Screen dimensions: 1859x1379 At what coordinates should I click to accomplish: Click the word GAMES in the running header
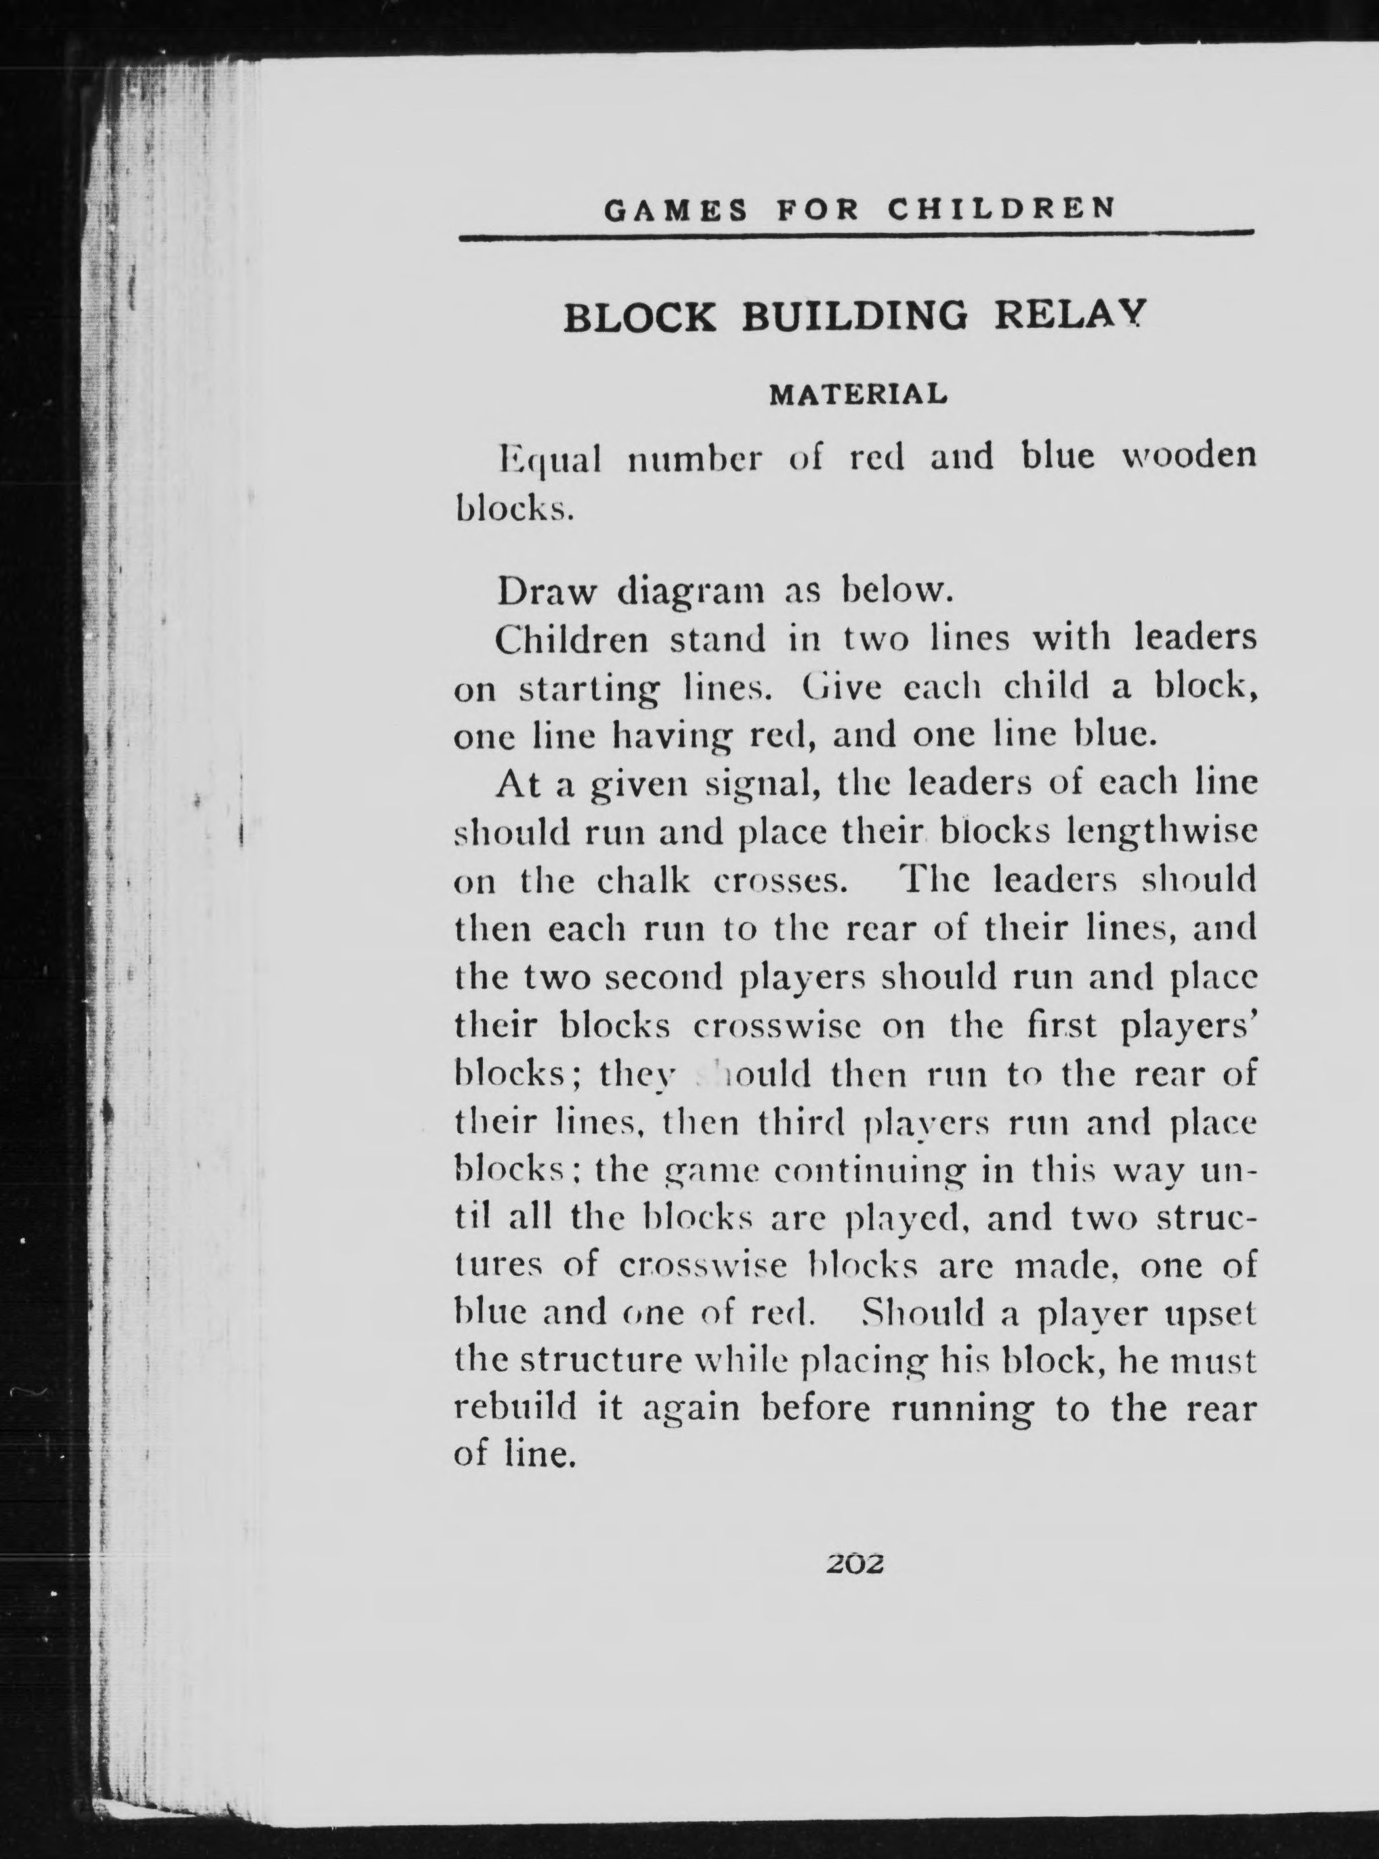[675, 209]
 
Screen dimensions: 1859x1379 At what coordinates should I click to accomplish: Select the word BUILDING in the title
[855, 317]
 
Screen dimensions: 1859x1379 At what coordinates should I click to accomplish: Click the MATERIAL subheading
[858, 394]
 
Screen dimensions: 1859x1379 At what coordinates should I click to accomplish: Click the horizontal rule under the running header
[856, 238]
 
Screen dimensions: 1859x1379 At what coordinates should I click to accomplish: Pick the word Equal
[549, 460]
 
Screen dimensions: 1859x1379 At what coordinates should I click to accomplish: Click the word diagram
[691, 593]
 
